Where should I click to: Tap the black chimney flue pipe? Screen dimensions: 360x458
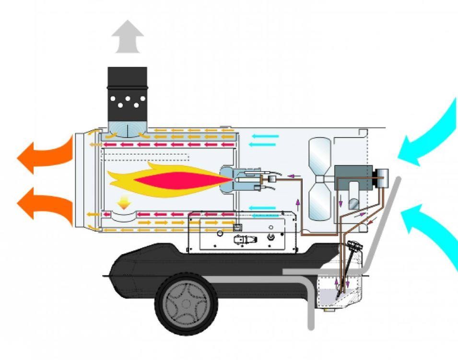point(127,93)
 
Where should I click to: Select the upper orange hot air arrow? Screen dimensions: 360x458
point(46,154)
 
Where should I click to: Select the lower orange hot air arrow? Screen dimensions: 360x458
point(46,203)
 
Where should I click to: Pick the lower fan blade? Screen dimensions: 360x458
point(319,201)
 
